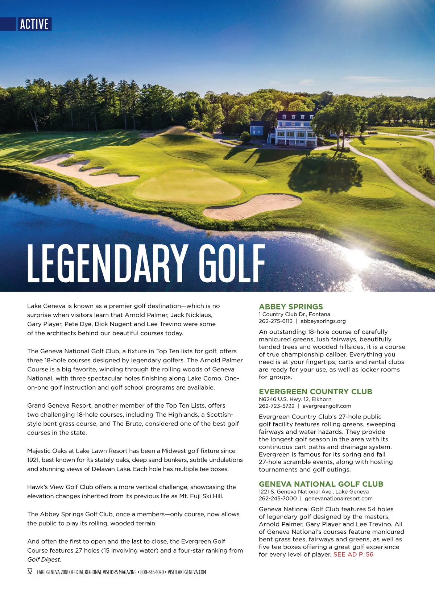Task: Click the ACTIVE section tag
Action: coord(34,24)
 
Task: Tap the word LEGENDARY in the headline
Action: coord(107,263)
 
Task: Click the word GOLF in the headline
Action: coord(232,263)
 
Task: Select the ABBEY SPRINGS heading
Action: coord(291,307)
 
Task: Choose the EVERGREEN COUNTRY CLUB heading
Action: coord(315,391)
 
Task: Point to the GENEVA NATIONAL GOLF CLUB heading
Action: coord(321,484)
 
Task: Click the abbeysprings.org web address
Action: coord(323,321)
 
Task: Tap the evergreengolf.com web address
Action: coord(327,406)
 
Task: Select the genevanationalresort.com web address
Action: coord(339,498)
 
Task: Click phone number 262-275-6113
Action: coord(275,321)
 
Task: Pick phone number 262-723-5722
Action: coord(277,406)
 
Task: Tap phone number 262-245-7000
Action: coord(278,498)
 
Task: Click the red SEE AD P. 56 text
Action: coord(353,554)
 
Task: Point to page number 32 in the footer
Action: coord(30,572)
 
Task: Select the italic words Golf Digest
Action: coord(44,559)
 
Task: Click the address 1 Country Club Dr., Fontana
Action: coord(294,314)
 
